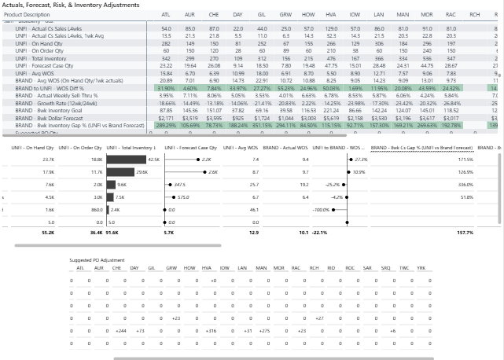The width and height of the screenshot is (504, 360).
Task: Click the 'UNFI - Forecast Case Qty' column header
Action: coord(187,147)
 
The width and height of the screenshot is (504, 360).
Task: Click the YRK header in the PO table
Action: coord(421,267)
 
